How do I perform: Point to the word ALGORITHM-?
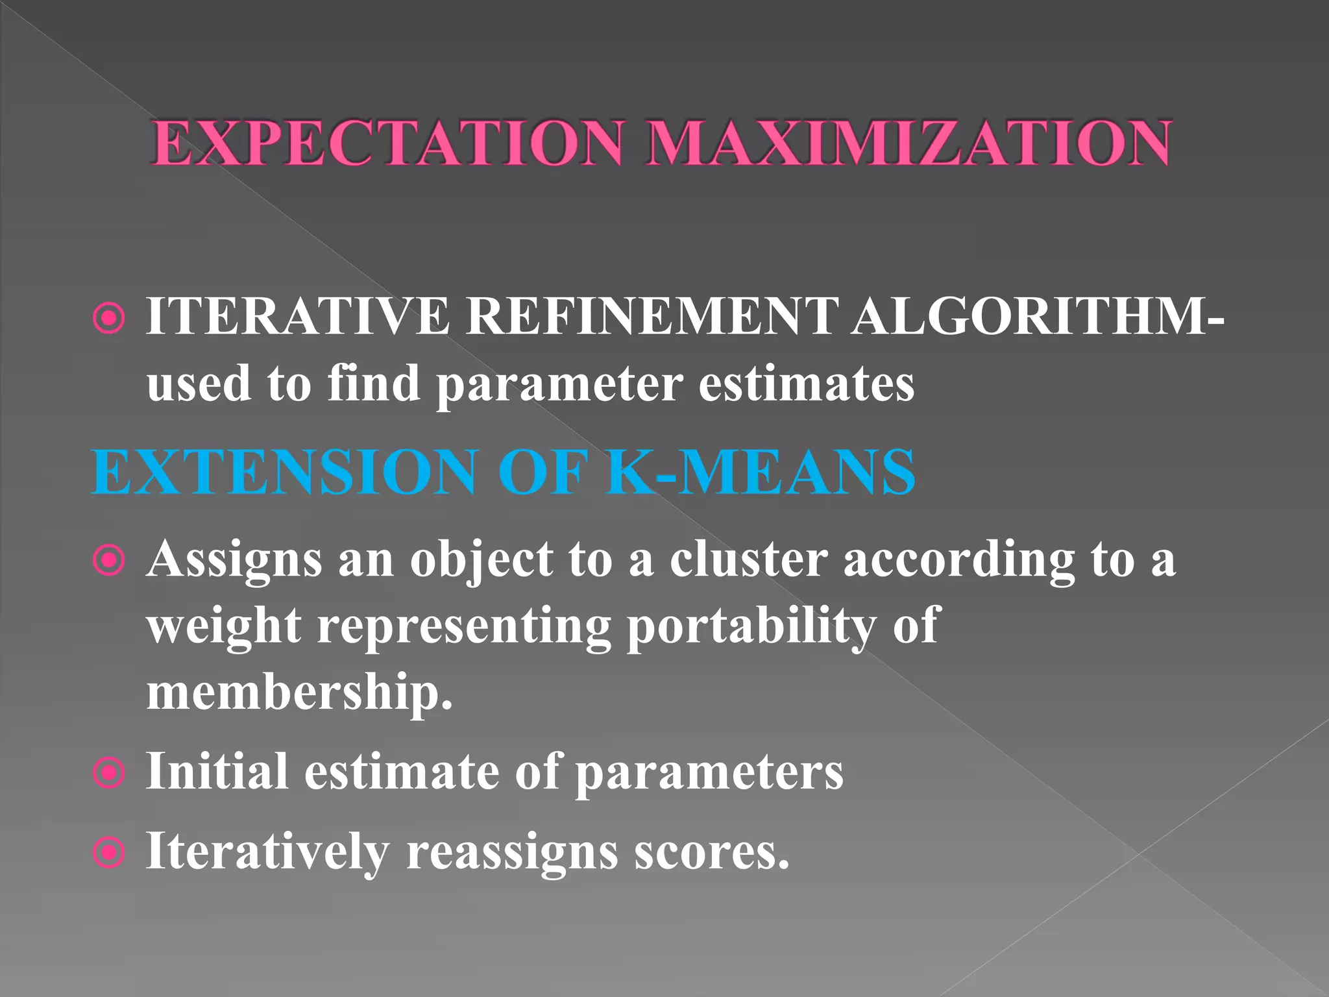(1038, 317)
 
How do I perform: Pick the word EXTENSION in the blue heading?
(286, 472)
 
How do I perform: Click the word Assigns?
(234, 560)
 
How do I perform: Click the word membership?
(299, 692)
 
